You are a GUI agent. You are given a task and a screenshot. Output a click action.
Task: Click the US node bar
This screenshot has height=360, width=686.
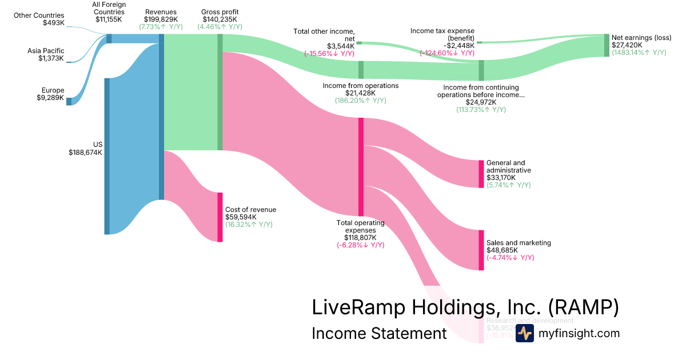(x=107, y=156)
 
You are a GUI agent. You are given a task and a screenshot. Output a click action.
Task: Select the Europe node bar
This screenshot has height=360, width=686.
(x=69, y=102)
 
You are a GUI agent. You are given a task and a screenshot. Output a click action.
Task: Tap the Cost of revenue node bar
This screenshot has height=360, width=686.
(x=220, y=217)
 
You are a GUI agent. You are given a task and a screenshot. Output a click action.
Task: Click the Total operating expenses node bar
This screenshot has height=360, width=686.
(x=361, y=166)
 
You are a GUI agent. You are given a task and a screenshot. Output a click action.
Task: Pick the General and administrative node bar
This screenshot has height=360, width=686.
(x=481, y=174)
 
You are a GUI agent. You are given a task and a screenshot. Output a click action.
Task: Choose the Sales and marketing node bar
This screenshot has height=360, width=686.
(x=481, y=250)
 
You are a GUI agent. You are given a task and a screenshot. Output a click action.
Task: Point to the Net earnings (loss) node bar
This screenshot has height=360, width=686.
(x=607, y=45)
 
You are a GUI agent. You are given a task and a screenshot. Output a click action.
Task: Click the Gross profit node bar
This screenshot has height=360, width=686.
(x=220, y=92)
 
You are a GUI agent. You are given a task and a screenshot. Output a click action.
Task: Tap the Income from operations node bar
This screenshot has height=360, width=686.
(x=361, y=69)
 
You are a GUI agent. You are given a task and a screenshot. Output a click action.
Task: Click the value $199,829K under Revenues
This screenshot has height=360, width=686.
(x=161, y=19)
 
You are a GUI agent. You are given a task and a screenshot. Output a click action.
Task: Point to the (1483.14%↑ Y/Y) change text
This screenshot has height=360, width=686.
(x=639, y=52)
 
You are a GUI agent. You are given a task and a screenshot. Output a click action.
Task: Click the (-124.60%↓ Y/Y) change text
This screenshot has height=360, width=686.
(x=447, y=53)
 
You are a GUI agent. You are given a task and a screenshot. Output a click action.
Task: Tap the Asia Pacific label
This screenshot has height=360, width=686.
(x=46, y=51)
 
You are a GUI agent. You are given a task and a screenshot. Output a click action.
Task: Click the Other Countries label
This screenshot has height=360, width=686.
(x=39, y=15)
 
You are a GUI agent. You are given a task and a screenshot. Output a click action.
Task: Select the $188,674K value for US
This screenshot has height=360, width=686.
(x=85, y=153)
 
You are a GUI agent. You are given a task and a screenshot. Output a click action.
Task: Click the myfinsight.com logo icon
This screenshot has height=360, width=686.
(x=524, y=333)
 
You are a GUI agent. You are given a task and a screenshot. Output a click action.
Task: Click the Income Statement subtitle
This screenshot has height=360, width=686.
(x=378, y=333)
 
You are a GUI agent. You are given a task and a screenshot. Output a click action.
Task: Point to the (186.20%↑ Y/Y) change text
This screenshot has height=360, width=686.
(x=360, y=100)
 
